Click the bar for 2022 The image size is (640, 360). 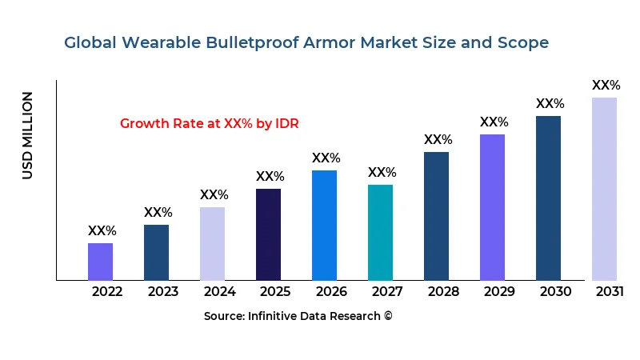pos(100,262)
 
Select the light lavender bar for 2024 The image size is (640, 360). pos(212,244)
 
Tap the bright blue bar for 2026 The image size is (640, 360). pos(324,225)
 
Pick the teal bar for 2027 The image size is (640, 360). pos(380,232)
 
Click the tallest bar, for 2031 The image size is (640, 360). pos(604,189)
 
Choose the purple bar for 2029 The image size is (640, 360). pos(492,207)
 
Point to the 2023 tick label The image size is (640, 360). pos(163,291)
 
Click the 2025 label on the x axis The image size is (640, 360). pos(275,291)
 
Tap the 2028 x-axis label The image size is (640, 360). pos(443,291)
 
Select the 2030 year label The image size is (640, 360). pos(555,291)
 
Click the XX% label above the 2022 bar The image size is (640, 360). pos(102,230)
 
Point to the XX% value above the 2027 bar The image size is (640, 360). pos(382,172)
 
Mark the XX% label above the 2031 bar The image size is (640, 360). pos(606,85)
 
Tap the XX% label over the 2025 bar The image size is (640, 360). pos(270,176)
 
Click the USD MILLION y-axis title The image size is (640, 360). pos(28,135)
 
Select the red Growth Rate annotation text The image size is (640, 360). pos(209,123)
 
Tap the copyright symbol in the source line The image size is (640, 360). pos(388,316)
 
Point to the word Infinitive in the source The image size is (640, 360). pos(278,316)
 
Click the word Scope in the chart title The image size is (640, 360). pos(525,42)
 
